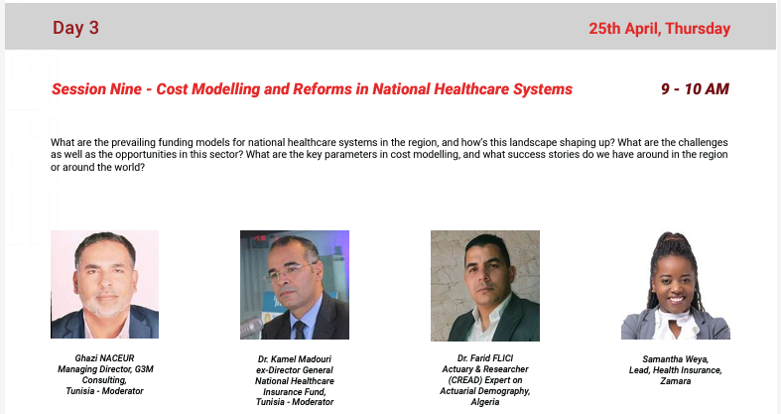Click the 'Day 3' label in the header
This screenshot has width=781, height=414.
[75, 28]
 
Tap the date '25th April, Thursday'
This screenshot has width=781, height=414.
[659, 28]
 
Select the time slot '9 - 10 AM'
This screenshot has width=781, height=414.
[695, 89]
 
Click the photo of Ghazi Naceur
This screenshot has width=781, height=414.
[104, 285]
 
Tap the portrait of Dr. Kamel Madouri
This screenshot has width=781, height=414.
[295, 285]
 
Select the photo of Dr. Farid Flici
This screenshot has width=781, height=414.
[484, 285]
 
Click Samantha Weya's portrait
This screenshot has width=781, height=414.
[675, 285]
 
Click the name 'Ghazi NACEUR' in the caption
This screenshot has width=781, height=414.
[104, 357]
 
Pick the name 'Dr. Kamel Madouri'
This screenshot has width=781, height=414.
[295, 358]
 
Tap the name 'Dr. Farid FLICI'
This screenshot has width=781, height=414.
[484, 358]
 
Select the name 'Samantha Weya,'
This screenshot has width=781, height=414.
[675, 358]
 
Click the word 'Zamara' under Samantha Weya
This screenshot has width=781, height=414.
[675, 380]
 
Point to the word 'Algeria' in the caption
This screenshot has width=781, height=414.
[484, 402]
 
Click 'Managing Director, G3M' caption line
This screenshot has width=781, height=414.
[104, 368]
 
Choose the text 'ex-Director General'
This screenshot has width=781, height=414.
[295, 369]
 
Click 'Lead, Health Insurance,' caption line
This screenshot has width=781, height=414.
[675, 369]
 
